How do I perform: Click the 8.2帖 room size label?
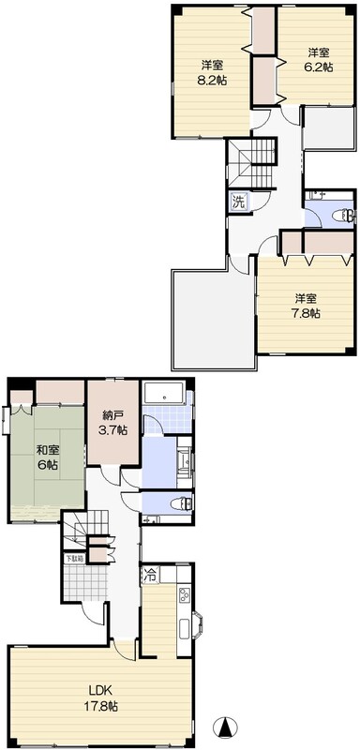pos(212,81)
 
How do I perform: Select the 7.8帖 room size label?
pos(305,313)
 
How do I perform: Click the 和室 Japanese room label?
pos(48,448)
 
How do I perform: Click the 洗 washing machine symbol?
pos(239,202)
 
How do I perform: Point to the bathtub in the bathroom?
pos(164,393)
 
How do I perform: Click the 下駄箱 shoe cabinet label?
pos(74,559)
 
